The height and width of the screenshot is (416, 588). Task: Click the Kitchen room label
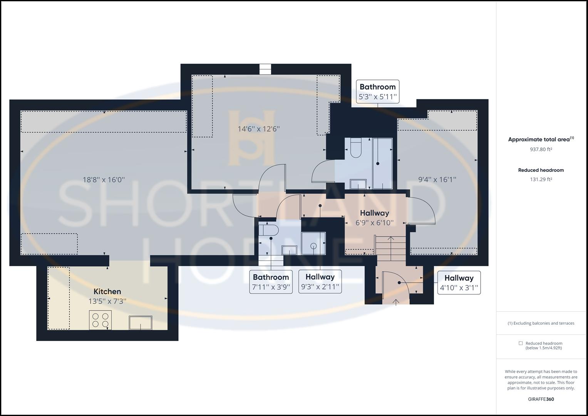pyautogui.click(x=107, y=292)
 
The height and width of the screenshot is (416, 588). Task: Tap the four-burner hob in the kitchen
pyautogui.click(x=100, y=320)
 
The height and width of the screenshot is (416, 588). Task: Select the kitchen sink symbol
pyautogui.click(x=141, y=322)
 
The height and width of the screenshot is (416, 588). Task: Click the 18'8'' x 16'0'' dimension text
pyautogui.click(x=104, y=179)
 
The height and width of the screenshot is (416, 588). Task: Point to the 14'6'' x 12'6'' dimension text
pyautogui.click(x=258, y=129)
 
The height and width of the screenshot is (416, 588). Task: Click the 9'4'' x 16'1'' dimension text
pyautogui.click(x=437, y=179)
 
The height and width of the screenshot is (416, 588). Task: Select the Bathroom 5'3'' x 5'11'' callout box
pyautogui.click(x=377, y=92)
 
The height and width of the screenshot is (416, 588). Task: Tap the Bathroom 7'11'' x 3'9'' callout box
pyautogui.click(x=271, y=282)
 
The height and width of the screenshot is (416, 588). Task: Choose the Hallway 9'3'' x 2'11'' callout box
pyautogui.click(x=320, y=282)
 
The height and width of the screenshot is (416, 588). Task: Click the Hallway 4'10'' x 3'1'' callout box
pyautogui.click(x=459, y=283)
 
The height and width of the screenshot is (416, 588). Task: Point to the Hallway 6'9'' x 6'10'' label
pyautogui.click(x=374, y=218)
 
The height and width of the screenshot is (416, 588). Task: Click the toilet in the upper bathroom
pyautogui.click(x=355, y=148)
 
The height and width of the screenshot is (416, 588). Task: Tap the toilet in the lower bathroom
pyautogui.click(x=268, y=231)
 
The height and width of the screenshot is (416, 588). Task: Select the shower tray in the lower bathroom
pyautogui.click(x=313, y=243)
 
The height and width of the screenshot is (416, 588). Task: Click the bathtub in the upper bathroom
pyautogui.click(x=382, y=163)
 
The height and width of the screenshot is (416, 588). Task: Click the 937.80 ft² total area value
pyautogui.click(x=541, y=149)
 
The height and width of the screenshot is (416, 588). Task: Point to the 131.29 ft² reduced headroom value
pyautogui.click(x=541, y=179)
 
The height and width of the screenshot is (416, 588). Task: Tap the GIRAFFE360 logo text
pyautogui.click(x=541, y=399)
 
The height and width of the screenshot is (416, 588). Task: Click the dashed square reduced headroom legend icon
pyautogui.click(x=521, y=343)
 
